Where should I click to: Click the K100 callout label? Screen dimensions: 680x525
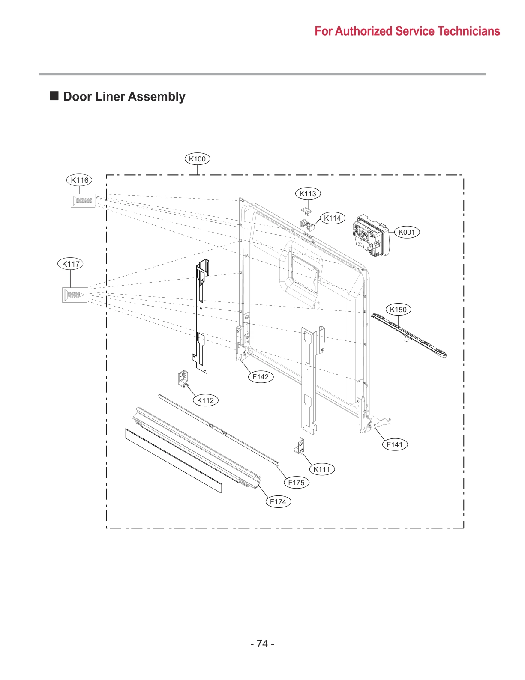pyautogui.click(x=197, y=159)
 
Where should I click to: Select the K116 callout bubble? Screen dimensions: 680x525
pyautogui.click(x=79, y=180)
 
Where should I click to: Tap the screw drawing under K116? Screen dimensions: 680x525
pyautogui.click(x=83, y=200)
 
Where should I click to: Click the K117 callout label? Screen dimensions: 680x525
pyautogui.click(x=70, y=264)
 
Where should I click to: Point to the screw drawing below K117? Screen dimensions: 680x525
pyautogui.click(x=74, y=295)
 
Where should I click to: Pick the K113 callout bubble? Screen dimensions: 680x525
pyautogui.click(x=308, y=194)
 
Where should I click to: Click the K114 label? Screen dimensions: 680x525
pyautogui.click(x=332, y=218)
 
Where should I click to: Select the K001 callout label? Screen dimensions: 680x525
pyautogui.click(x=407, y=232)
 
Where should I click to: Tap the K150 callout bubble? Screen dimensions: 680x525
pyautogui.click(x=398, y=310)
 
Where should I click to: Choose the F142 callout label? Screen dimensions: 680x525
pyautogui.click(x=261, y=377)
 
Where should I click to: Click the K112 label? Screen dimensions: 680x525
pyautogui.click(x=206, y=400)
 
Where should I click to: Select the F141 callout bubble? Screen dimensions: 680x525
pyautogui.click(x=395, y=444)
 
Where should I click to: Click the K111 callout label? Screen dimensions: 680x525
pyautogui.click(x=322, y=469)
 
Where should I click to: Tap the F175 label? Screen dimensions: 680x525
pyautogui.click(x=296, y=483)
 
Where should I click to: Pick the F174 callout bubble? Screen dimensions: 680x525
pyautogui.click(x=278, y=502)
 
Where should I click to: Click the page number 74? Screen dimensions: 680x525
pyautogui.click(x=262, y=644)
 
